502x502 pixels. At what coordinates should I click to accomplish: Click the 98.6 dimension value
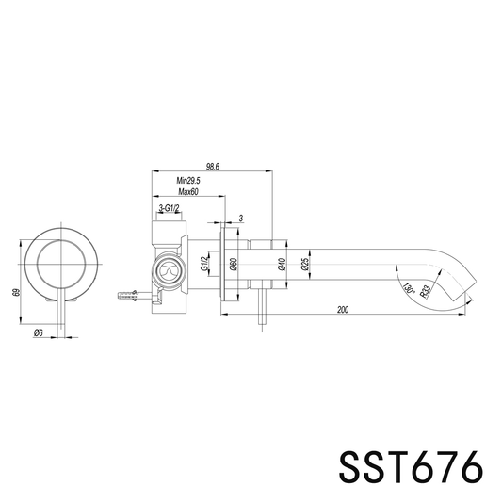[213, 167]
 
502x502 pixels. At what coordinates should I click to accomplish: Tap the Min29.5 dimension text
[188, 181]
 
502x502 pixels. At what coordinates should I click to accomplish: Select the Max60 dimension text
[188, 192]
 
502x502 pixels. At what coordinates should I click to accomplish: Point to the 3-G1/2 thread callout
[170, 208]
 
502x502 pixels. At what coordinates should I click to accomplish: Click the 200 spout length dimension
[343, 310]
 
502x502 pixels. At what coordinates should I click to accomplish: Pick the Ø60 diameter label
[234, 264]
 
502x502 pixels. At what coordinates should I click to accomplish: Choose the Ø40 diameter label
[282, 264]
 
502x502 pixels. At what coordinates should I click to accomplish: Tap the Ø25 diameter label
[305, 264]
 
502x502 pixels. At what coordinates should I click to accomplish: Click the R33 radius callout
[425, 291]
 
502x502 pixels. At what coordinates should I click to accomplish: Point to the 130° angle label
[409, 288]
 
